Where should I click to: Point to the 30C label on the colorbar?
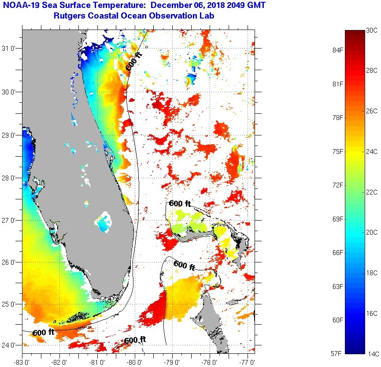372,30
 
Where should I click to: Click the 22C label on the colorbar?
372,192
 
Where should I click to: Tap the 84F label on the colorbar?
338,50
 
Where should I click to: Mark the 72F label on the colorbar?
338,185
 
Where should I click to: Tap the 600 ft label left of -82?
43,332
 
